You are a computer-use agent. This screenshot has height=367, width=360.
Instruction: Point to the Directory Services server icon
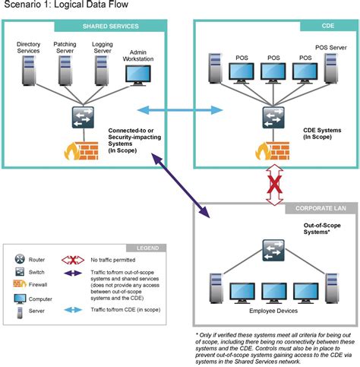click(29, 71)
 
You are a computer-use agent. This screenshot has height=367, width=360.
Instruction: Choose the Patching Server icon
click(65, 71)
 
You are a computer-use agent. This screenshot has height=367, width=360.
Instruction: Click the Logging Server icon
click(102, 71)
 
